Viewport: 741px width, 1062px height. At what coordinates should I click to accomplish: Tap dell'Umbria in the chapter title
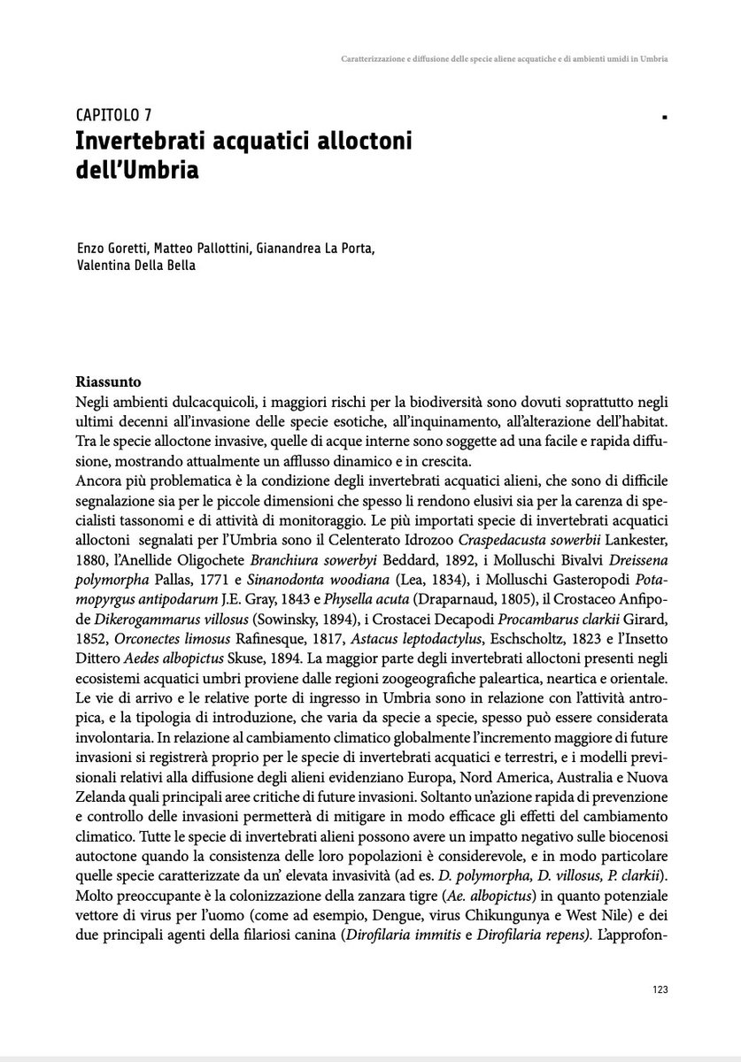point(136,168)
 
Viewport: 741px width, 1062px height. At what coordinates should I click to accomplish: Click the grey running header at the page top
point(504,60)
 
